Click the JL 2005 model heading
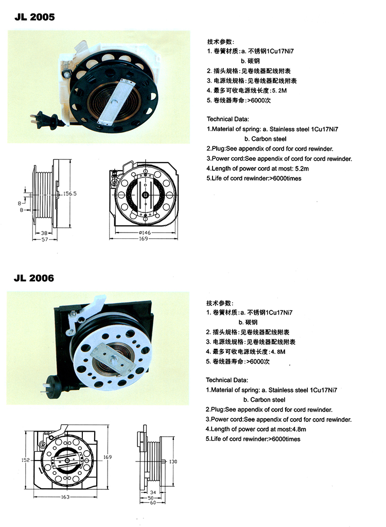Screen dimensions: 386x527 coord(34,17)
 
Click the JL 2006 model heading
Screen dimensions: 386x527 coord(34,278)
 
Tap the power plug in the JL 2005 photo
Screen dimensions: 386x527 coord(46,120)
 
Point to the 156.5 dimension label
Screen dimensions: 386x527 coord(70,193)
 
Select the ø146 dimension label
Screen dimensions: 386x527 coord(145,232)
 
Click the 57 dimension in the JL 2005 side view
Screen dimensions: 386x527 coord(45,239)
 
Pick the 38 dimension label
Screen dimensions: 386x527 coord(44,233)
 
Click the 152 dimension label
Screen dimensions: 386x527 coord(26,460)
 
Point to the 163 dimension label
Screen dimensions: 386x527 coord(65,497)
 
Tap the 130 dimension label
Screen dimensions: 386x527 coord(173,462)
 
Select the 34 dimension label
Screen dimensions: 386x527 coord(153,492)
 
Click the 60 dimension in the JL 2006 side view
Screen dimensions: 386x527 coord(153,503)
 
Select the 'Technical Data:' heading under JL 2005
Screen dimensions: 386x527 coord(227,119)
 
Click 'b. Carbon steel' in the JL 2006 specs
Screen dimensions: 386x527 coord(264,400)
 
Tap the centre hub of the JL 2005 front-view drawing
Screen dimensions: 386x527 coord(146,195)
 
